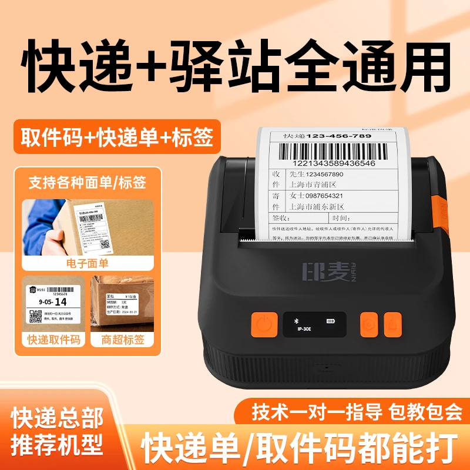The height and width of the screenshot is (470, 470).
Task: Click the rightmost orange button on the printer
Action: click(393, 324)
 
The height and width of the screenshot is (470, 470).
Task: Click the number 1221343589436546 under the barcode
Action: click(327, 163)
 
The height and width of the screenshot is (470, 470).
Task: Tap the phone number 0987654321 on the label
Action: click(324, 196)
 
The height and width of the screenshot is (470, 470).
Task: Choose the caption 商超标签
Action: click(122, 339)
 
